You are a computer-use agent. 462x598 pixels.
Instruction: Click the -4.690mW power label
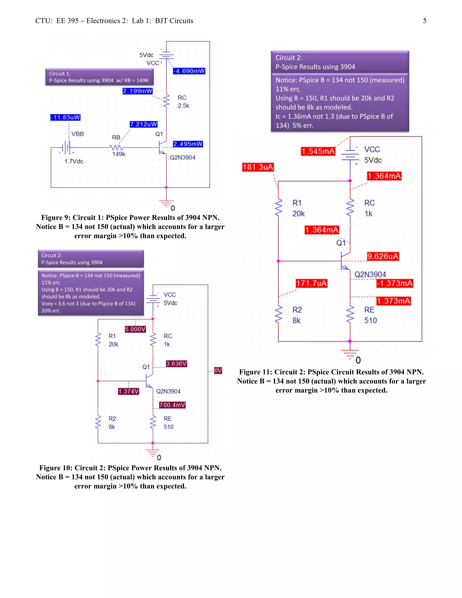pyautogui.click(x=189, y=71)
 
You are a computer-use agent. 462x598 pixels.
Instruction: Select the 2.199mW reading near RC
pyautogui.click(x=137, y=91)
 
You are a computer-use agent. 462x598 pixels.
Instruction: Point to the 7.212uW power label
pyautogui.click(x=144, y=124)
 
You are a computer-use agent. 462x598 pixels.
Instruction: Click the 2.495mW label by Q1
pyautogui.click(x=188, y=144)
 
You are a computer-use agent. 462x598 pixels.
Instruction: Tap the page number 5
pyautogui.click(x=425, y=21)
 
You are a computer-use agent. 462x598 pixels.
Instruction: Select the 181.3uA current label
pyautogui.click(x=258, y=167)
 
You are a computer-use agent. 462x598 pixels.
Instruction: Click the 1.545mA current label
pyautogui.click(x=318, y=151)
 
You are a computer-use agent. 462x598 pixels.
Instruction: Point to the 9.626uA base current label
pyautogui.click(x=383, y=256)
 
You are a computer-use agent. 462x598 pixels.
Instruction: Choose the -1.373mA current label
pyautogui.click(x=394, y=283)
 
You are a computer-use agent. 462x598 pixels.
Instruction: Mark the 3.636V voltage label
pyautogui.click(x=176, y=364)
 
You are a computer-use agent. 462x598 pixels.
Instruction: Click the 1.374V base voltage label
pyautogui.click(x=129, y=391)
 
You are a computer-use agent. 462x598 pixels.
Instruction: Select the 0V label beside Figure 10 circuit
pyautogui.click(x=218, y=371)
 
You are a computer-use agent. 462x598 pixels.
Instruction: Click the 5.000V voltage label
pyautogui.click(x=135, y=329)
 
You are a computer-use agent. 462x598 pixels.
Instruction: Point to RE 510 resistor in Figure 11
pyautogui.click(x=350, y=315)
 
